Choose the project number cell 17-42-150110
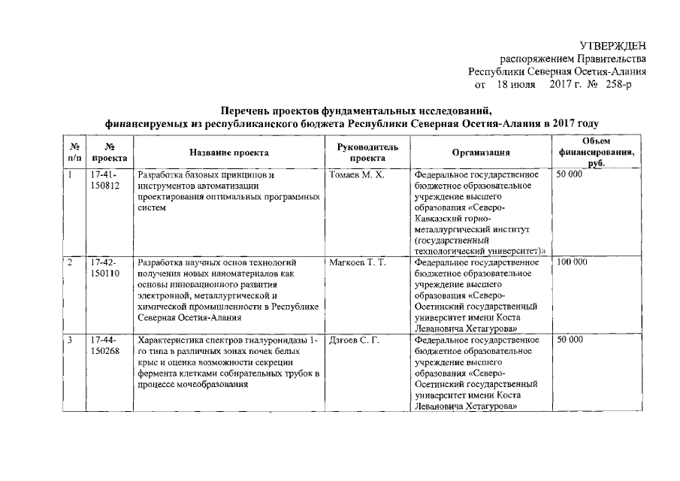tap(104, 268)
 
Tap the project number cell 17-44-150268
tap(104, 346)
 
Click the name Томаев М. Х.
tap(357, 175)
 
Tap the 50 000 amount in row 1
tap(570, 175)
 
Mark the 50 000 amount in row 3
tap(570, 341)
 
